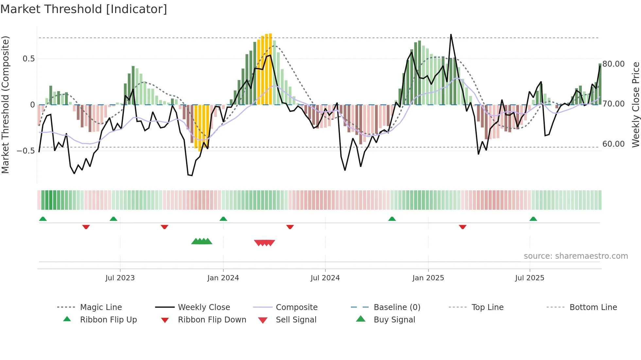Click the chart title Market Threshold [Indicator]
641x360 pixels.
tap(84, 9)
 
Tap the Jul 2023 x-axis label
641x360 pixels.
tap(120, 278)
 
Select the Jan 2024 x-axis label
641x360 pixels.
tap(223, 278)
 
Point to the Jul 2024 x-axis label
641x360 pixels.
tap(325, 278)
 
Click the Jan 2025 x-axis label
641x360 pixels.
tap(428, 278)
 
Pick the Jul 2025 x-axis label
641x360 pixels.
tap(529, 278)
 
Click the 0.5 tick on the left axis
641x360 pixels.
tap(28, 59)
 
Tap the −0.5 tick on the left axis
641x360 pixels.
tap(26, 151)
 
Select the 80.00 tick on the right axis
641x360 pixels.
tap(614, 64)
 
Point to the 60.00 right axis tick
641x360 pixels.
tap(614, 144)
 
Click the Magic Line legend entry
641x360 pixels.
tap(101, 307)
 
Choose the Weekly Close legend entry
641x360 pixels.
tap(204, 307)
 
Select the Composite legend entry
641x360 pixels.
tap(297, 307)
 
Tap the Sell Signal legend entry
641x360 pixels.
tap(296, 320)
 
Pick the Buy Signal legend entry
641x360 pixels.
tap(394, 320)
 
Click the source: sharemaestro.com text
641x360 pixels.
tap(576, 256)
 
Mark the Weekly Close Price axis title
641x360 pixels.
tap(635, 105)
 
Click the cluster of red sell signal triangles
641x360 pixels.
tap(265, 243)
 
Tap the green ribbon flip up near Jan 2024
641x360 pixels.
tap(223, 219)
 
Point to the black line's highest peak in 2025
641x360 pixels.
tap(451, 35)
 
